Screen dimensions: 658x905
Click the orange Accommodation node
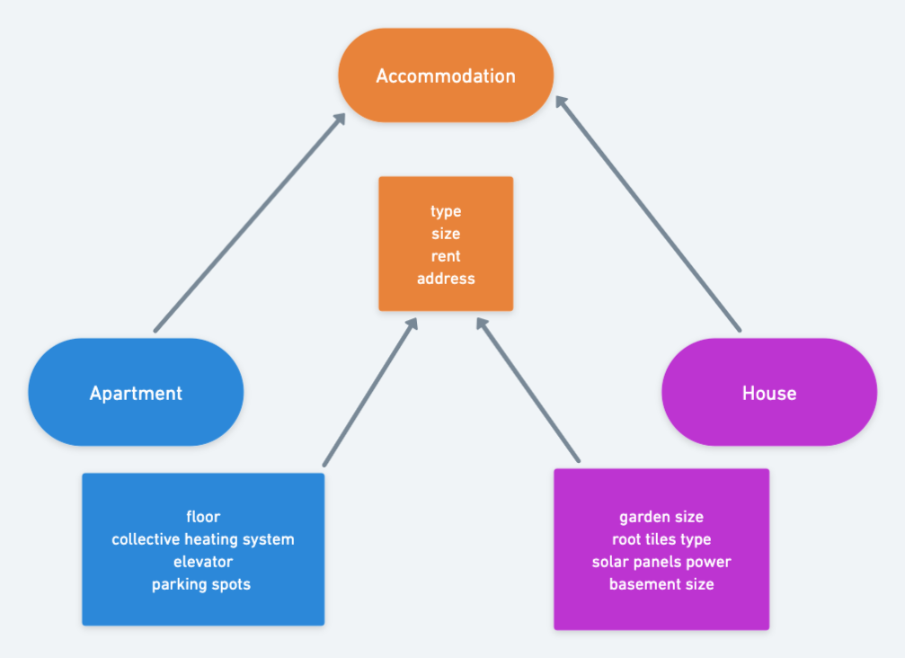[x=445, y=76]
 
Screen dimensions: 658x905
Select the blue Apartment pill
[x=136, y=393]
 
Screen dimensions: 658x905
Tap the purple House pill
[x=768, y=393]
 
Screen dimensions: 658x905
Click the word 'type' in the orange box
[x=446, y=211]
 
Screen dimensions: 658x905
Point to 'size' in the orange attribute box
[x=446, y=234]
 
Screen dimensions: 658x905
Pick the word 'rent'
[x=446, y=256]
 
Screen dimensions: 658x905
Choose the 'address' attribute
[x=446, y=279]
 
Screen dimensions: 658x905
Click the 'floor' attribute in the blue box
[x=203, y=517]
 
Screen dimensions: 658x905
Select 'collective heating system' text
[x=203, y=539]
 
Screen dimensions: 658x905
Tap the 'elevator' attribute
[x=203, y=562]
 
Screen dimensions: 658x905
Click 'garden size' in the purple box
[x=661, y=517]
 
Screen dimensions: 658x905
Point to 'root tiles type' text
[x=661, y=539]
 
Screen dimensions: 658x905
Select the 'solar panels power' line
[x=661, y=562]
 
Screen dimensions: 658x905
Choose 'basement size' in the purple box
[x=661, y=584]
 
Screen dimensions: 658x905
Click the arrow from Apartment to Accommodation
[x=249, y=223]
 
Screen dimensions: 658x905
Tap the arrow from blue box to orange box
[x=369, y=392]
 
